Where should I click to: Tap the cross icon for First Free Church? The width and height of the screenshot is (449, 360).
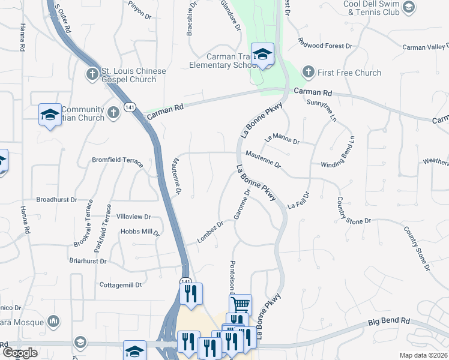pos(308,73)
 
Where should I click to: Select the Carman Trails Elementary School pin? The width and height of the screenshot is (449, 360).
pos(262,55)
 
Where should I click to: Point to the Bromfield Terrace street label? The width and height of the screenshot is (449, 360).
pos(117,161)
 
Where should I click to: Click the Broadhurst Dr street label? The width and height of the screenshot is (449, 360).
pos(57,199)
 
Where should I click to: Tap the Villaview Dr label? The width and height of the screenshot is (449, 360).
pos(133,217)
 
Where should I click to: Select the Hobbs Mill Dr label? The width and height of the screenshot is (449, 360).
pos(139,232)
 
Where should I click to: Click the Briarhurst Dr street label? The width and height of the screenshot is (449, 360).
pos(88,262)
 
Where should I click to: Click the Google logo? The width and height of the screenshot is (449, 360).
pos(20,353)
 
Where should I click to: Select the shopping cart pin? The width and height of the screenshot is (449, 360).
pos(240,305)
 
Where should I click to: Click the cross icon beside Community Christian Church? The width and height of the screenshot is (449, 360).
pos(114,113)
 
